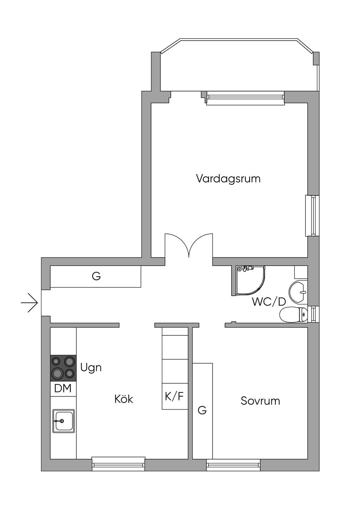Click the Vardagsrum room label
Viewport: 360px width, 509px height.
coord(228,179)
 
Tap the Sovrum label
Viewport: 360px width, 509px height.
coord(260,401)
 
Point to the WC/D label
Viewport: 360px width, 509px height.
coord(269,302)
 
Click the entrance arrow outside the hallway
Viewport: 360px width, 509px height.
coord(29,303)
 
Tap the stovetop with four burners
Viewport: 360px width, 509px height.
coord(63,368)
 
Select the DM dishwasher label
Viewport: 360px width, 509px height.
coord(63,388)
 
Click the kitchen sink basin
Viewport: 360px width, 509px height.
coord(64,421)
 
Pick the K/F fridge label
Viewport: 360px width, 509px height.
coord(174,397)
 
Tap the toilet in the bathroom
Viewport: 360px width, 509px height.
coord(293,315)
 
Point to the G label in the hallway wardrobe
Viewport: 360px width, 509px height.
coord(96,276)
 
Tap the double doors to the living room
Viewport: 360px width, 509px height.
coord(189,246)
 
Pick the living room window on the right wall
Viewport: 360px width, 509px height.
coord(312,215)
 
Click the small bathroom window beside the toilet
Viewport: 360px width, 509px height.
coord(313,314)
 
